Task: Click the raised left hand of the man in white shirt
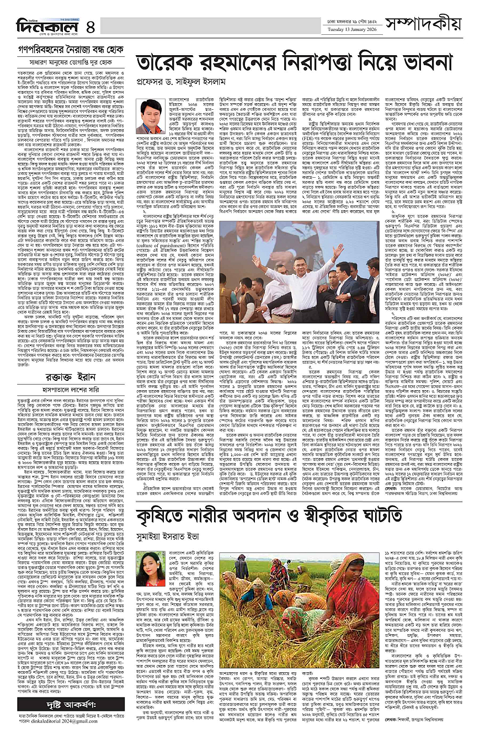pos(241,259)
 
